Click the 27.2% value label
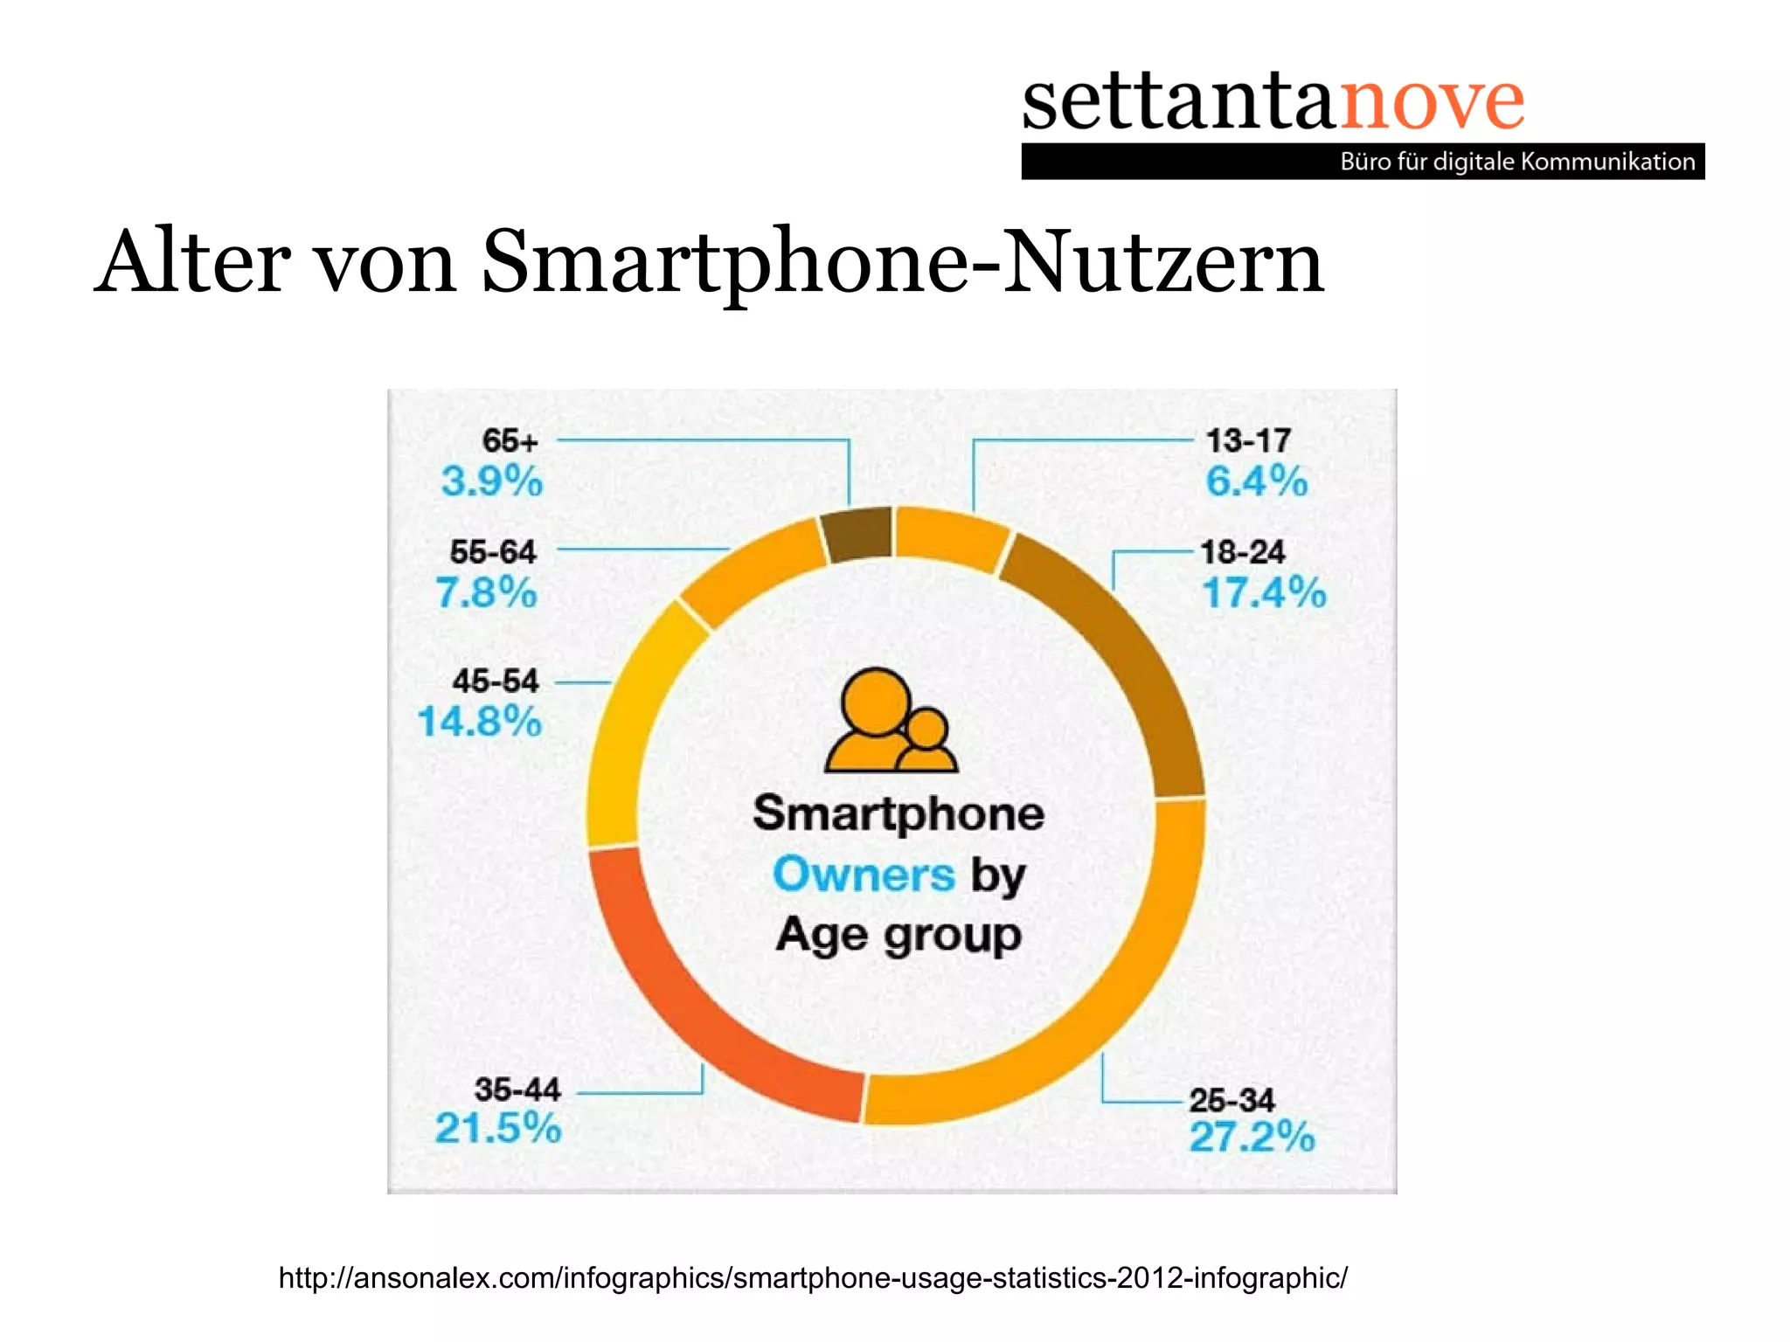tap(1252, 1138)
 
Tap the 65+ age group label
tap(510, 441)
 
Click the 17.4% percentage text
tap(1264, 592)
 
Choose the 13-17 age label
tap(1248, 441)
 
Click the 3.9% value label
tap(492, 481)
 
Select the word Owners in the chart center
tap(864, 875)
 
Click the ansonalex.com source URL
tap(813, 1277)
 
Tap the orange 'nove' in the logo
tap(1432, 103)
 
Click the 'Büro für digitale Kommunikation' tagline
tap(1517, 162)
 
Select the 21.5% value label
tap(498, 1128)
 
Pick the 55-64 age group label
tap(493, 552)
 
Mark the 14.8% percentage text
tap(480, 722)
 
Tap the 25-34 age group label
tap(1231, 1100)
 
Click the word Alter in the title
tap(193, 262)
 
